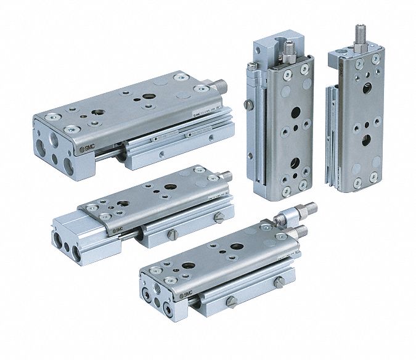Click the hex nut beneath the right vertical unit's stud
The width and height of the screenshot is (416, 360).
point(359,49)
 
